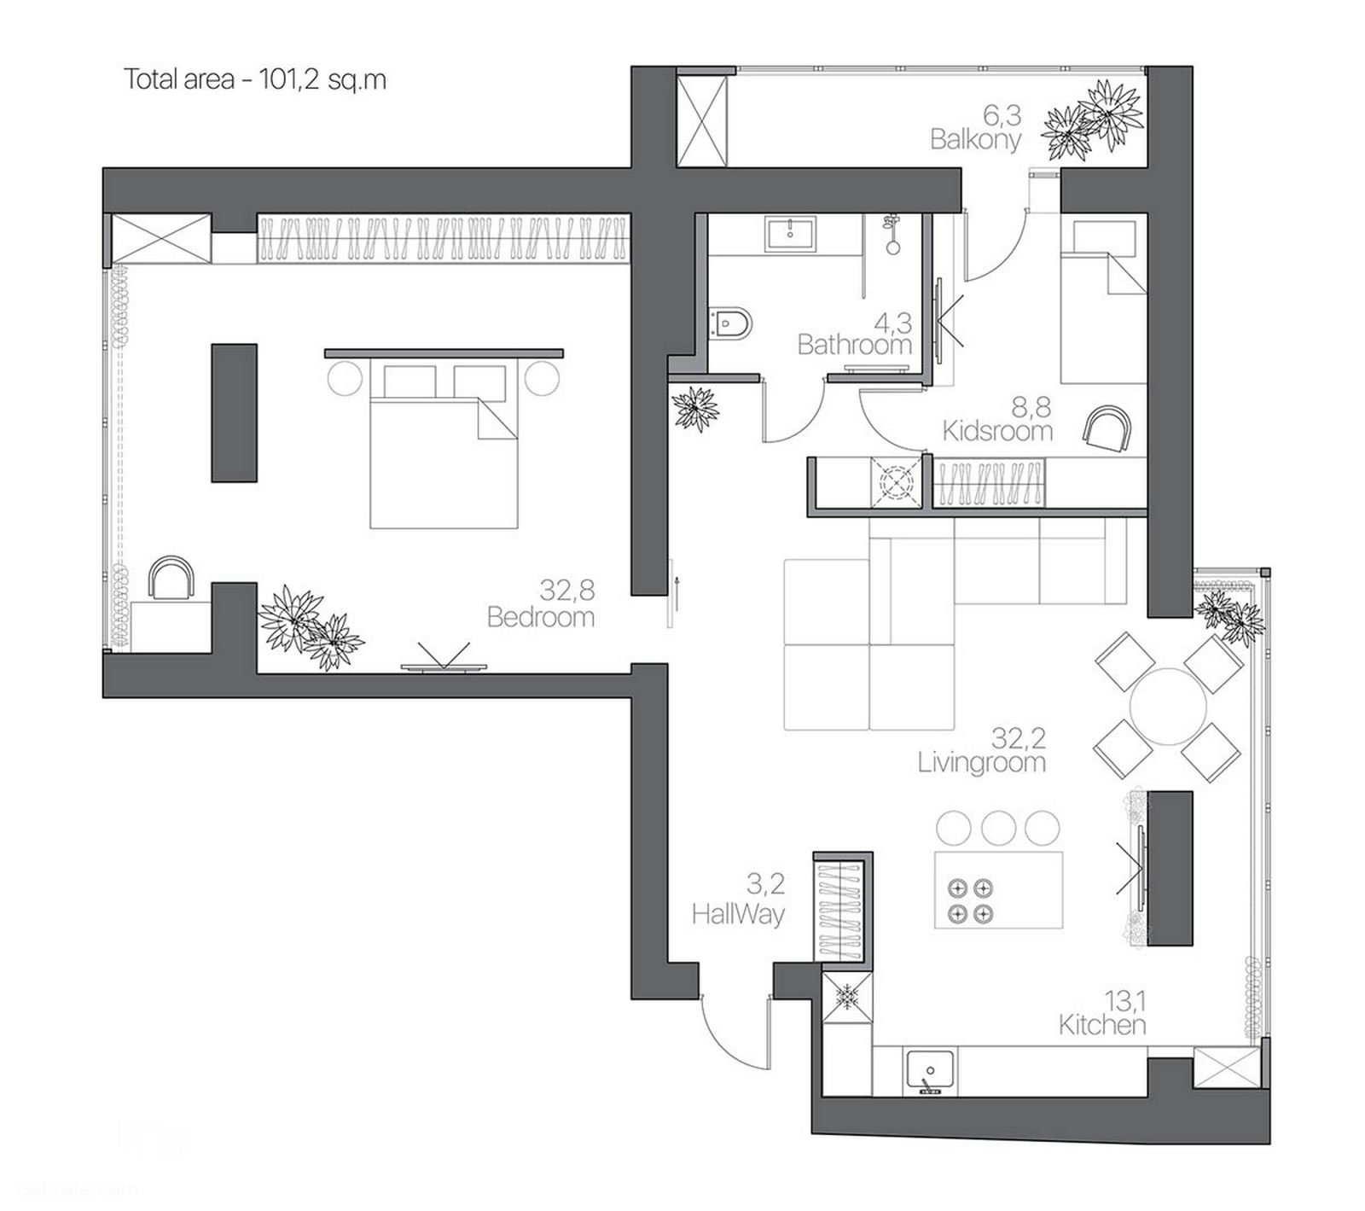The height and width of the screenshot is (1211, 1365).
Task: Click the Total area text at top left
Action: tap(255, 79)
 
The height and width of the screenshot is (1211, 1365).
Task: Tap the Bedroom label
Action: tap(541, 617)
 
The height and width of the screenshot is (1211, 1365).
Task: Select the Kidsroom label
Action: tap(997, 432)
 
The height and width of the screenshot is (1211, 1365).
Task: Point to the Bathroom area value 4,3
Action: tap(892, 323)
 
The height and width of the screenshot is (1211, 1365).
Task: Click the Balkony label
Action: tap(975, 140)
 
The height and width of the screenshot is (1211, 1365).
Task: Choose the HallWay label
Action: tap(738, 915)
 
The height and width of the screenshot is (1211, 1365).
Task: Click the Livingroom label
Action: tap(981, 762)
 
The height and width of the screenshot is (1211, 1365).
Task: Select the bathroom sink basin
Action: tap(791, 231)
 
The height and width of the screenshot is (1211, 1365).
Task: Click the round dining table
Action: tap(1167, 707)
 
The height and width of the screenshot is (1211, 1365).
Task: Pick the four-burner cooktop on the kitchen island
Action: tap(971, 901)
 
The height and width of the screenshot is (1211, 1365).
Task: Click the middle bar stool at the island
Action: tap(998, 827)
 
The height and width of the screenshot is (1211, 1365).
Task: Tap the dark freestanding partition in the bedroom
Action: tap(234, 413)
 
